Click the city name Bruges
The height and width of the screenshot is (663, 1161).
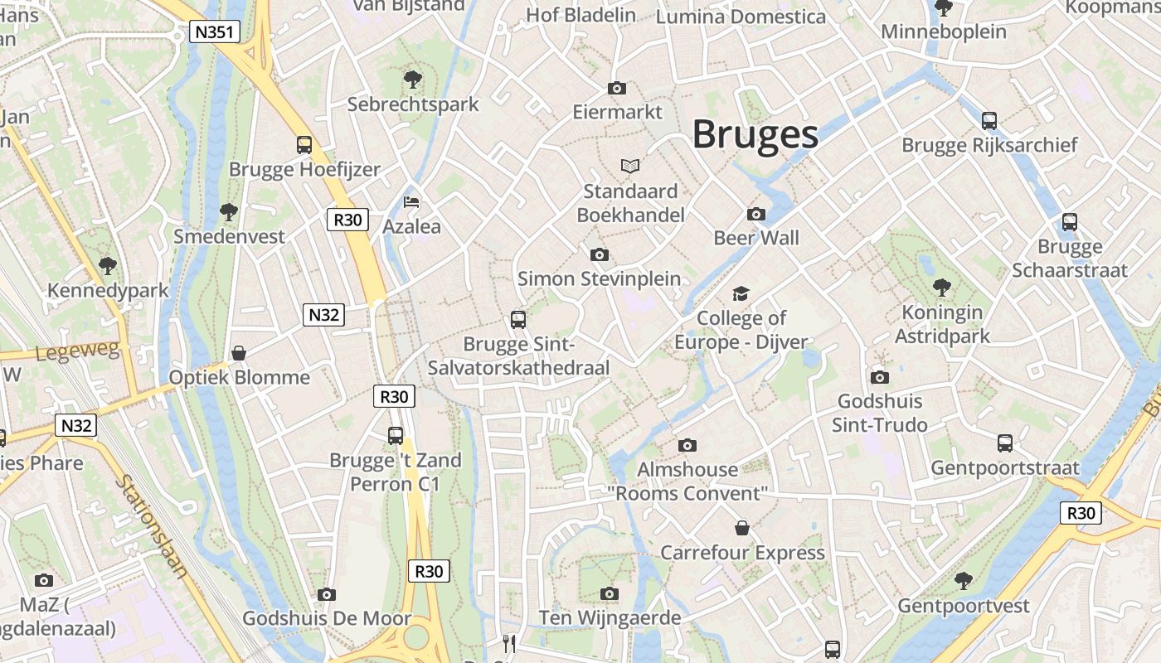click(755, 134)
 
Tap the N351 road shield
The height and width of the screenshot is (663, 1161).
click(215, 32)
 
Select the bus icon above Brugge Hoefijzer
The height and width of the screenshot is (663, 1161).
click(304, 145)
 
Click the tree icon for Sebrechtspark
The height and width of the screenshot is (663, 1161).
click(412, 80)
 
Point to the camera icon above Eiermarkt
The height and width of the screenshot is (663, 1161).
click(616, 88)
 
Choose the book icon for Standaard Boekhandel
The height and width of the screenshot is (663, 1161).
click(630, 167)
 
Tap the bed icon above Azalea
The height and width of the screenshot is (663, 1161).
click(411, 202)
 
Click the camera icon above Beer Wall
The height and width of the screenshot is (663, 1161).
click(755, 214)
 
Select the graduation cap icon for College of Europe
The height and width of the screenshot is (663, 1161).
click(741, 293)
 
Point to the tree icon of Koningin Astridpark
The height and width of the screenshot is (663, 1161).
click(941, 288)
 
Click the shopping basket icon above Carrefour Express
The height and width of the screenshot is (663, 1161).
click(742, 528)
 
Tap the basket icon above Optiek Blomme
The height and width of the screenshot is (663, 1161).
click(239, 353)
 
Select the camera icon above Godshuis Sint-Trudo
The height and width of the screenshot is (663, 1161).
click(880, 377)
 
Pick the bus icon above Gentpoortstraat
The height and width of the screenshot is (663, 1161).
click(1005, 443)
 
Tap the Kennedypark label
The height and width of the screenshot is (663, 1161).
click(108, 291)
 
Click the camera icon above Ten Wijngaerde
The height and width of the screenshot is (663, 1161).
click(610, 593)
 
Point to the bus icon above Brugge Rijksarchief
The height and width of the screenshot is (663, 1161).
click(989, 120)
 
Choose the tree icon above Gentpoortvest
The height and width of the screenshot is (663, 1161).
click(963, 580)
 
